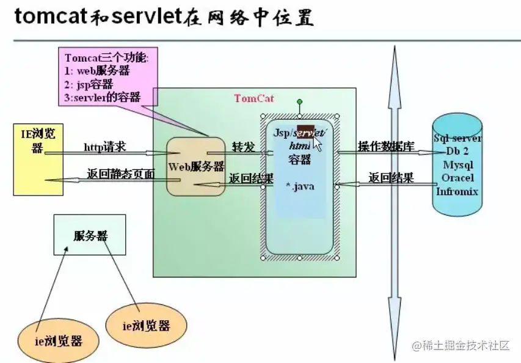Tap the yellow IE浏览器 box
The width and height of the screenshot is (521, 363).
coord(38,159)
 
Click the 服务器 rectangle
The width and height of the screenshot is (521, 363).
coord(90,235)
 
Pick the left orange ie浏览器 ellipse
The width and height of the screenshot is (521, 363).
coord(59,340)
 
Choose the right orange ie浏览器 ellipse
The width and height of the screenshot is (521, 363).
coord(147,324)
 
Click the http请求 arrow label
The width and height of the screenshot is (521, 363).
coord(104,147)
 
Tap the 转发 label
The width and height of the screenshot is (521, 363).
coord(242,147)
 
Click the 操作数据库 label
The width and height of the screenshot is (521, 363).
coord(386,147)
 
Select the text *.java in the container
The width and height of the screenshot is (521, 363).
coord(300,186)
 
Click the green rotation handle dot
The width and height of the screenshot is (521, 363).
coord(299,101)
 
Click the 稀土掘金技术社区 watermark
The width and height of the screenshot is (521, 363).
coord(461,346)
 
